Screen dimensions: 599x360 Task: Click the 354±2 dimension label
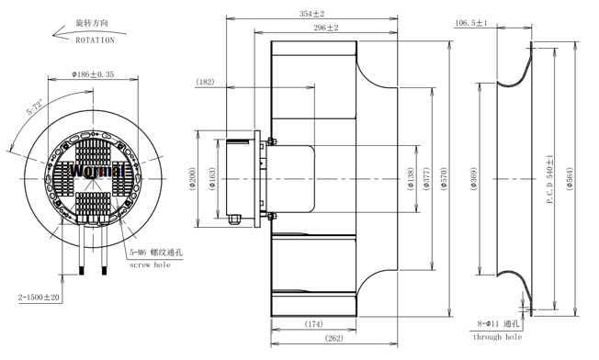pyautogui.click(x=311, y=14)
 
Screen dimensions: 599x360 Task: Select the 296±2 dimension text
pyautogui.click(x=326, y=28)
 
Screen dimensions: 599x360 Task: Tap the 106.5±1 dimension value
pyautogui.click(x=471, y=23)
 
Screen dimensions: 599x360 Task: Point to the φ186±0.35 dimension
pyautogui.click(x=93, y=74)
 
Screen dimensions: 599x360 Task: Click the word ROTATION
pyautogui.click(x=96, y=40)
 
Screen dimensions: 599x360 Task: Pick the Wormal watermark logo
pyautogui.click(x=97, y=170)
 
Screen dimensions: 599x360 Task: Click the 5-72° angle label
pyautogui.click(x=35, y=107)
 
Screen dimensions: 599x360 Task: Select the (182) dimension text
pyautogui.click(x=205, y=82)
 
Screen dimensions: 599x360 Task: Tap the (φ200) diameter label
pyautogui.click(x=192, y=179)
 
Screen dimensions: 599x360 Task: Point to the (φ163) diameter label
pyautogui.click(x=212, y=179)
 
